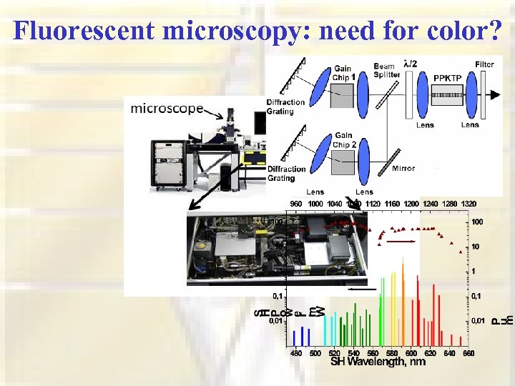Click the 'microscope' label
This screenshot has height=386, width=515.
[167, 109]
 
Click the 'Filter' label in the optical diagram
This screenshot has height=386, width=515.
[485, 64]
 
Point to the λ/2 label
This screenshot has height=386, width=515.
[413, 62]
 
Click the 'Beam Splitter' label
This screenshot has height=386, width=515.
[387, 70]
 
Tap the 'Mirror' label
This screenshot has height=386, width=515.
[404, 169]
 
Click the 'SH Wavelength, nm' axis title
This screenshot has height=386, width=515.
[378, 362]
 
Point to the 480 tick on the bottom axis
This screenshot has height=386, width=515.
[295, 352]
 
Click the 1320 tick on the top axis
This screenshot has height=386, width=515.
[469, 204]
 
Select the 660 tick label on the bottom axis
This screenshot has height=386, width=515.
[469, 352]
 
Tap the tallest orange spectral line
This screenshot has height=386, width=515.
[403, 300]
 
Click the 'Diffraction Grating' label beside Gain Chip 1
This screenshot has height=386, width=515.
[285, 107]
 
